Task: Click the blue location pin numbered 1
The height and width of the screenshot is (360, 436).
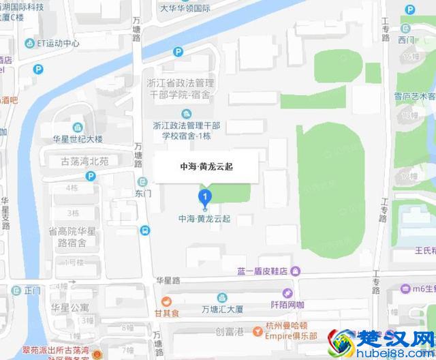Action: [x=204, y=198]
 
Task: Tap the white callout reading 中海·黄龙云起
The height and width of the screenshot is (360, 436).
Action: [x=206, y=166]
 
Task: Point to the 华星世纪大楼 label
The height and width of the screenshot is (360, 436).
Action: [x=78, y=138]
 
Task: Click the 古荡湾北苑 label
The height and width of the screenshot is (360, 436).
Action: [x=84, y=161]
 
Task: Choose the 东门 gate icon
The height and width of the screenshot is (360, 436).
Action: [x=142, y=182]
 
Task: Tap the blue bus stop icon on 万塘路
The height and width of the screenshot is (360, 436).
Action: [x=145, y=230]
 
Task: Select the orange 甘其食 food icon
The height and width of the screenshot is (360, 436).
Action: [x=166, y=302]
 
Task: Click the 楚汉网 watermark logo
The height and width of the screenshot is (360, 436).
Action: [x=381, y=342]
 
